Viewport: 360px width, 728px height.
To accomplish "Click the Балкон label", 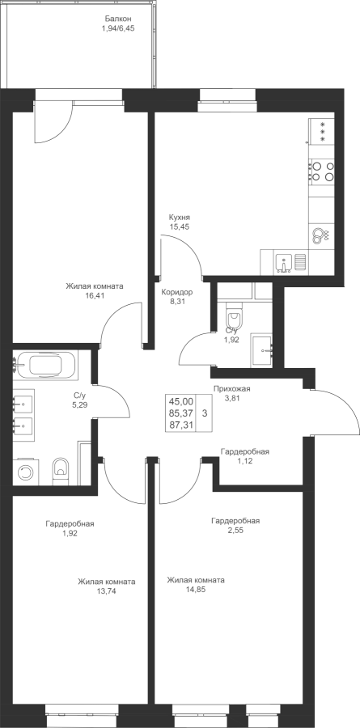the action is (x=118, y=19).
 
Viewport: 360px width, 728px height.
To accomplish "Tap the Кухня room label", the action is (x=180, y=218).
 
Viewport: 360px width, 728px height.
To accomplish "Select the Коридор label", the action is (x=176, y=292).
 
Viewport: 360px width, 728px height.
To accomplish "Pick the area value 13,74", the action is (x=107, y=591).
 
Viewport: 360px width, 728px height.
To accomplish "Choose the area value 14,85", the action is (x=196, y=590).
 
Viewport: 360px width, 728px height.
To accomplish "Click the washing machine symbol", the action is (x=26, y=472).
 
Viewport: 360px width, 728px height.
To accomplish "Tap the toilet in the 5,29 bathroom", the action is (x=61, y=470).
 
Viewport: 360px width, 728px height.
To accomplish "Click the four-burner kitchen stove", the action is (x=322, y=171).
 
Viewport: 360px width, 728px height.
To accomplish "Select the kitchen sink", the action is (x=283, y=263).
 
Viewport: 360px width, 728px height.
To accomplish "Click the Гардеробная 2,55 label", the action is (x=235, y=525).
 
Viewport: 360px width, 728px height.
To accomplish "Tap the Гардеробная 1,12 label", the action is (x=245, y=455).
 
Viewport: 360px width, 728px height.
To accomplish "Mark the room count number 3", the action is (x=205, y=413).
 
